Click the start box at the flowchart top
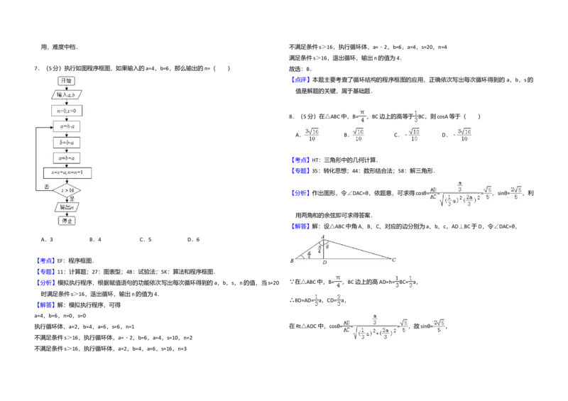click(x=66, y=81)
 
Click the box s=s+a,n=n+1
click(x=67, y=172)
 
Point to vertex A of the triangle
click(x=323, y=237)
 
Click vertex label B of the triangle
click(x=292, y=261)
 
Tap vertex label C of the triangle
click(x=393, y=260)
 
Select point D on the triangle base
click(x=324, y=263)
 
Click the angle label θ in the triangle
click(x=327, y=246)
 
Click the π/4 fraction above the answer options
click(x=362, y=116)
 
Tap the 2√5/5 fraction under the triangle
click(x=440, y=326)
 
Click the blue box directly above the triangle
click(x=300, y=226)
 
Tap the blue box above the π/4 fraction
click(x=300, y=79)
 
